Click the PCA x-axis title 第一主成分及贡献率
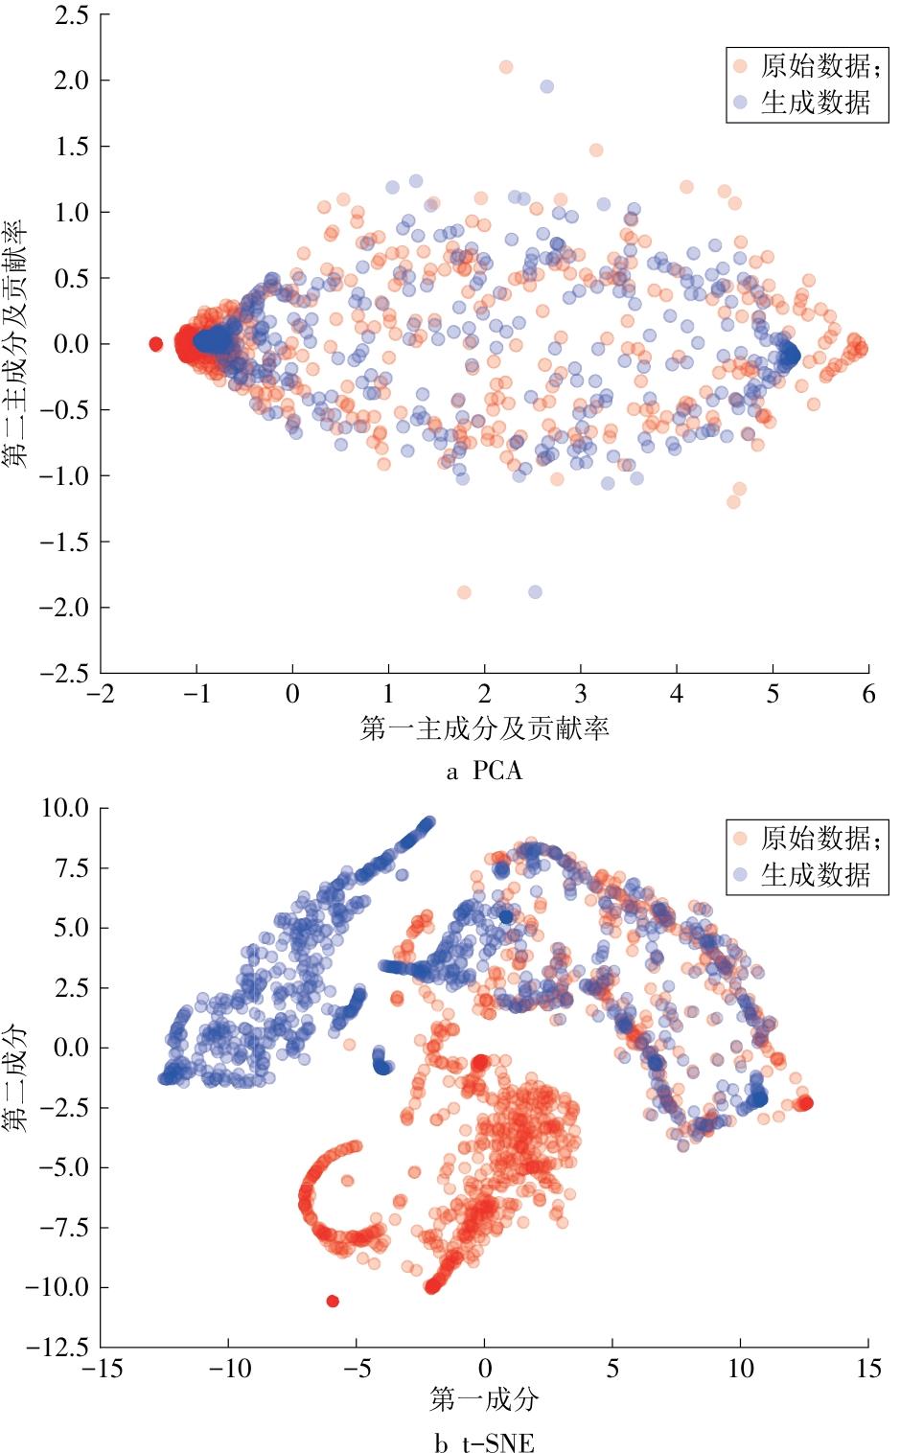[484, 729]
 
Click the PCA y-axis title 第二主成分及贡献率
[15, 343]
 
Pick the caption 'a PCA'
[484, 771]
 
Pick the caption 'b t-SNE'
[484, 1442]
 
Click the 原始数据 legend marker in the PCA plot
[740, 66]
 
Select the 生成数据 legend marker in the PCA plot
[740, 102]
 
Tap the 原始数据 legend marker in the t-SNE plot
[740, 839]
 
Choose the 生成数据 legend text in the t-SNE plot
[816, 875]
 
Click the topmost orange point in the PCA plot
[506, 67]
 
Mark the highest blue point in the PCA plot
[547, 86]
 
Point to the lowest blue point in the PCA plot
[535, 592]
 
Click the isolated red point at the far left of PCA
[156, 344]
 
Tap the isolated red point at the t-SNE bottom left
[333, 1301]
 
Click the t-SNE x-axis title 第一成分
[484, 1400]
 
